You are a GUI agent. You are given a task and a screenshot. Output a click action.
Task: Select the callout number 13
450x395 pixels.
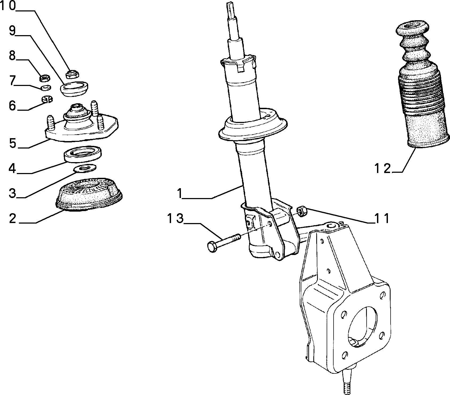[176, 219]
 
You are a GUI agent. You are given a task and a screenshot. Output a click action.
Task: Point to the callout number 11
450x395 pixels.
[382, 219]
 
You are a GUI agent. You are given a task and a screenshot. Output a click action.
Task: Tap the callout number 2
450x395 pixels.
[13, 219]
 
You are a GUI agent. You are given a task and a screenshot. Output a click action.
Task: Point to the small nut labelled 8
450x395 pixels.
[44, 78]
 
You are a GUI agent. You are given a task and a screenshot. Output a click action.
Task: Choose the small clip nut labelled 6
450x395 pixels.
[47, 100]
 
